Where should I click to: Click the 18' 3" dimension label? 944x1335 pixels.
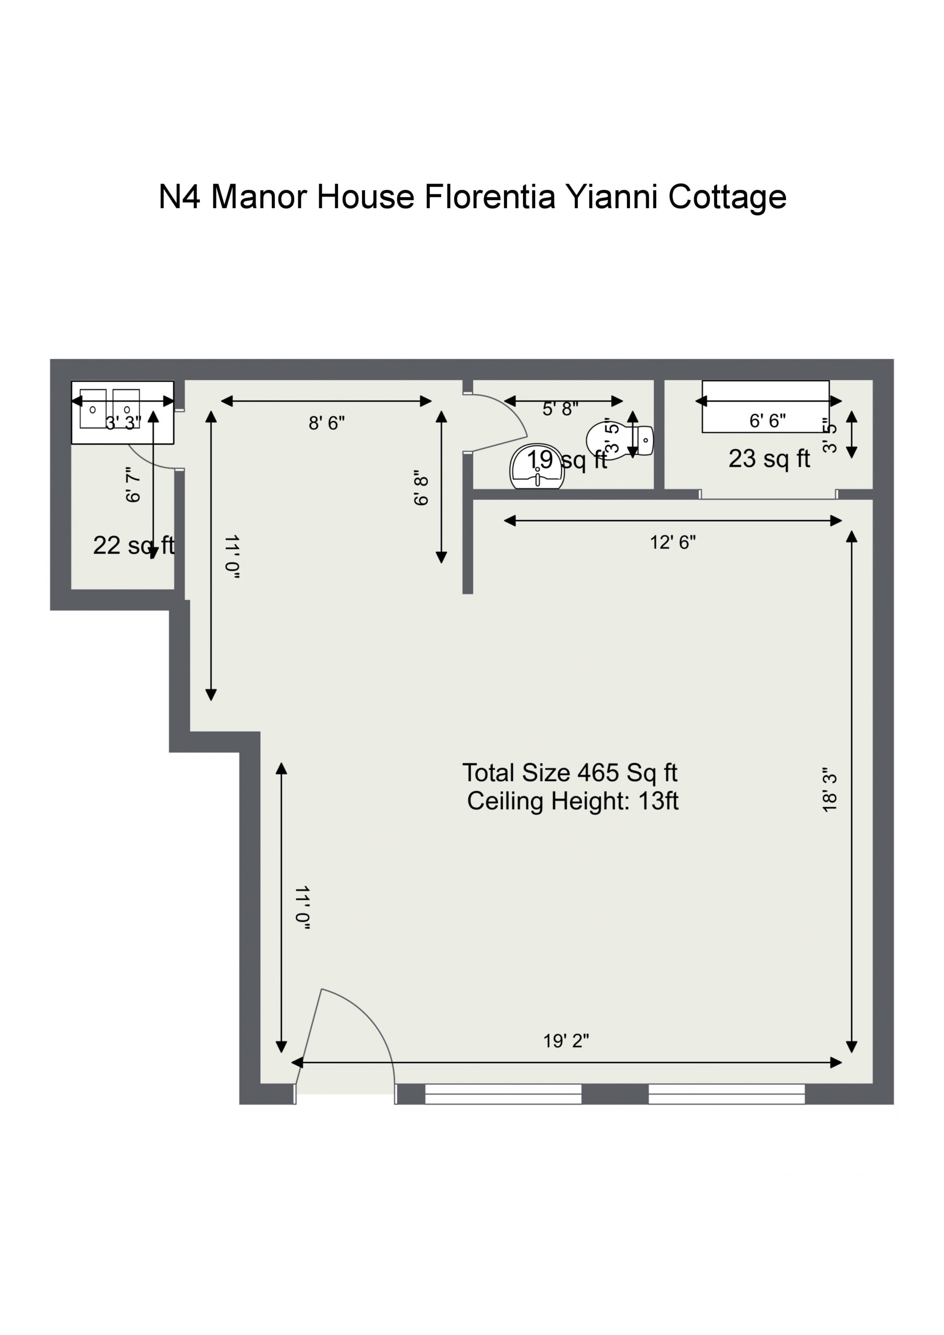[x=830, y=790]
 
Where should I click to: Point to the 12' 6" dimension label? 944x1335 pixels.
[x=672, y=542]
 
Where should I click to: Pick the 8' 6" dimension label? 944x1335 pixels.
[x=326, y=423]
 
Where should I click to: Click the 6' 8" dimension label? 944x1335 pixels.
[x=422, y=487]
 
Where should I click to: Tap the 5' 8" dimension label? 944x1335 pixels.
[x=560, y=409]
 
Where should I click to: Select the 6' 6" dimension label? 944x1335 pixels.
[x=767, y=420]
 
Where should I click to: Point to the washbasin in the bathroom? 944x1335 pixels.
[x=537, y=467]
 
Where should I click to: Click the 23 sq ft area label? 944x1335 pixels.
[x=769, y=459]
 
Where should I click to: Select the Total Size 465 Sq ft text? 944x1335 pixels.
[x=570, y=773]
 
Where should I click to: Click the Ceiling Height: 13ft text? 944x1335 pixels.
[x=573, y=801]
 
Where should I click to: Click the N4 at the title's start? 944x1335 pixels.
[x=180, y=197]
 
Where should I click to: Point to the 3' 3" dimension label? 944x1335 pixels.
[x=123, y=423]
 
